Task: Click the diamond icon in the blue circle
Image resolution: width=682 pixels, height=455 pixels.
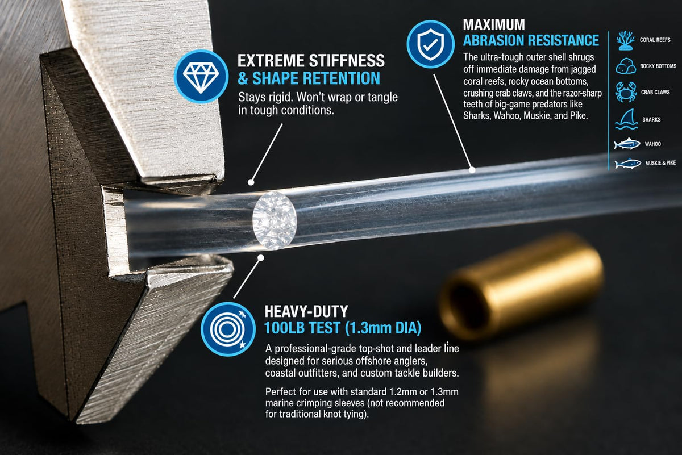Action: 201,77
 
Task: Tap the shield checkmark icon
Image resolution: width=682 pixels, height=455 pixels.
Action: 431,45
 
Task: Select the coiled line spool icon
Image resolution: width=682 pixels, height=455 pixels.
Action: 228,329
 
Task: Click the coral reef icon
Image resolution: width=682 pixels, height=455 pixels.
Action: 625,40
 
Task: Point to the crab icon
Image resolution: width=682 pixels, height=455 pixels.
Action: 625,91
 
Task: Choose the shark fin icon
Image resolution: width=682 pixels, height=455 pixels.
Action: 626,119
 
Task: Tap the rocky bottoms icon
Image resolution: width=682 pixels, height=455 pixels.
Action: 626,66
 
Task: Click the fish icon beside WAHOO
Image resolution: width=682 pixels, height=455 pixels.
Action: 626,144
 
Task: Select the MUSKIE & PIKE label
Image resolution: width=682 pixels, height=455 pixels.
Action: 660,163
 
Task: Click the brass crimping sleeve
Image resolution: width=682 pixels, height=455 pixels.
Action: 521,286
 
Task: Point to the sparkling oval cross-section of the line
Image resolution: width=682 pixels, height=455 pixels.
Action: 275,220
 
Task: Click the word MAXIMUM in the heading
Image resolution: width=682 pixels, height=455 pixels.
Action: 494,24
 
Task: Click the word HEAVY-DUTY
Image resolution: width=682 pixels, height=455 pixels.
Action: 306,311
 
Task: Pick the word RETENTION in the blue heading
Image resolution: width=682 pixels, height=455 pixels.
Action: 342,78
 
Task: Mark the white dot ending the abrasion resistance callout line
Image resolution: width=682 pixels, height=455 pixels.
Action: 472,170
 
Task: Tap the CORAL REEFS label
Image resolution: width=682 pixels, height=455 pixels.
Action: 655,40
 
